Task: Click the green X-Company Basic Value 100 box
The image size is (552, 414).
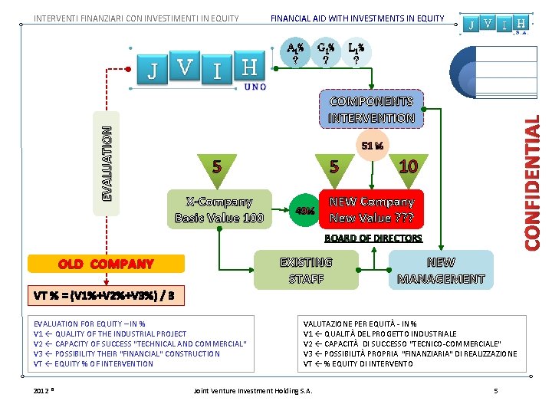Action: [x=219, y=209]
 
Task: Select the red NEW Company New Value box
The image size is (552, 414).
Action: [x=371, y=209]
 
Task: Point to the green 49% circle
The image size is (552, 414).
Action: [x=304, y=210]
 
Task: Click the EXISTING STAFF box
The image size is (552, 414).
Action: [x=306, y=270]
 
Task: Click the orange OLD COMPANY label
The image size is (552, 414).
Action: [x=106, y=264]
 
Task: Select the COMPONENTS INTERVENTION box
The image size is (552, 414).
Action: [x=371, y=110]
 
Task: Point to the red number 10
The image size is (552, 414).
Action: [x=408, y=166]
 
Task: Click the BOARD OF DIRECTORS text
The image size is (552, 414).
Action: [x=373, y=238]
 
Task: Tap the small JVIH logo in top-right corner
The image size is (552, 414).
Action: [x=498, y=24]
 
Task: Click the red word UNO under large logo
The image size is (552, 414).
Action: [x=255, y=87]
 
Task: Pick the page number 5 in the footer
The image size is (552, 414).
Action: [x=496, y=391]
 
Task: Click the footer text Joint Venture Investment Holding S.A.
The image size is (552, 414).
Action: [x=253, y=391]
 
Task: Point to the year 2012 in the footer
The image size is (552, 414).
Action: [x=42, y=391]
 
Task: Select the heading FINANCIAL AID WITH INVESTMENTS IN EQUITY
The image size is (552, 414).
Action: [x=357, y=18]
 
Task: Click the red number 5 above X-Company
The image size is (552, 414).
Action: [x=218, y=166]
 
